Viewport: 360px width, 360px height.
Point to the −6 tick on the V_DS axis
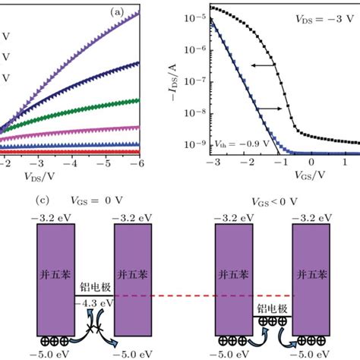pos(140,163)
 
